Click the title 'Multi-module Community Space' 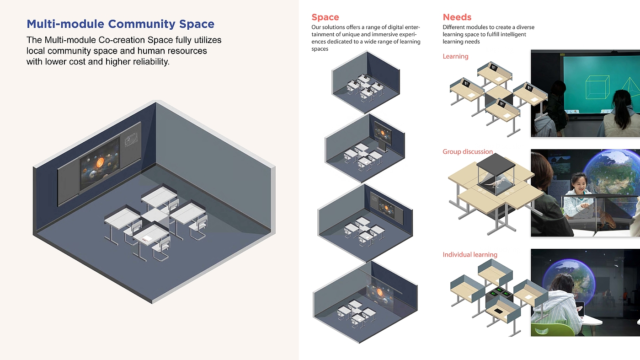pyautogui.click(x=120, y=24)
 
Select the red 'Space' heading pyautogui.click(x=325, y=17)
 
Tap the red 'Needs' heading pyautogui.click(x=457, y=17)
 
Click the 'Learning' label pyautogui.click(x=455, y=56)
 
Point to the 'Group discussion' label pyautogui.click(x=468, y=151)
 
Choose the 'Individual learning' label pyautogui.click(x=470, y=254)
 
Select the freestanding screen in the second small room pyautogui.click(x=382, y=134)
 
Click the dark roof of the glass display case pyautogui.click(x=496, y=161)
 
